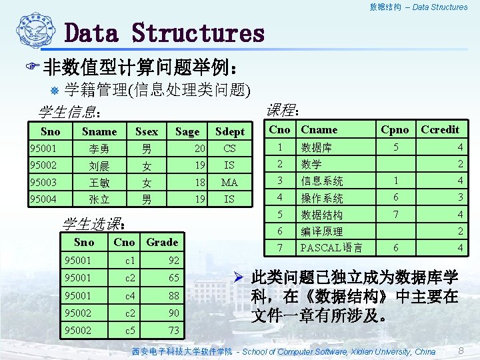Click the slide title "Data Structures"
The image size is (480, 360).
(164, 33)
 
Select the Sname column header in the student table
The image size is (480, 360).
(99, 131)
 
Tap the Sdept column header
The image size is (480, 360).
(230, 131)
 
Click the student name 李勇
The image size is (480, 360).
(99, 148)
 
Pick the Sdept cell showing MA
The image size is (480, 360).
(229, 182)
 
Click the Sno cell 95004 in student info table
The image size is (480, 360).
(43, 199)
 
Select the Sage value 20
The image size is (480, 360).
(199, 148)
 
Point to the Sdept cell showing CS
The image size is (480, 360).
(229, 148)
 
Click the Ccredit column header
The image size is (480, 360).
(441, 129)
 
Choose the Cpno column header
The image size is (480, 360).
(394, 129)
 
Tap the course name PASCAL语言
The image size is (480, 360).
(331, 248)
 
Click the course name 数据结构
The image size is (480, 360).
(322, 215)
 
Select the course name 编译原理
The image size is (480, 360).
(322, 231)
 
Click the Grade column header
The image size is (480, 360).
(162, 242)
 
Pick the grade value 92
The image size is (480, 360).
(174, 260)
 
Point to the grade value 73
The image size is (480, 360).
(174, 331)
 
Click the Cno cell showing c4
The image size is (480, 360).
(131, 295)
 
